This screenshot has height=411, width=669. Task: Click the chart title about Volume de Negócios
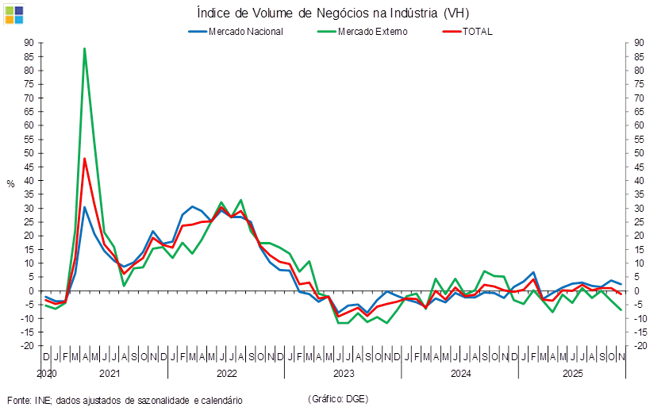click(x=337, y=13)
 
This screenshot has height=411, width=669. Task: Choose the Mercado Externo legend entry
click(x=373, y=32)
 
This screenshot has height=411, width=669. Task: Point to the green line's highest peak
click(x=84, y=49)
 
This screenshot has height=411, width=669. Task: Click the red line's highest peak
click(x=84, y=158)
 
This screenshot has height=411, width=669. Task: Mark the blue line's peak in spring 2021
click(x=85, y=206)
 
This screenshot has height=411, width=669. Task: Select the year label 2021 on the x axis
click(x=110, y=372)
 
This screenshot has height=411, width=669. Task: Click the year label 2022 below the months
click(x=226, y=372)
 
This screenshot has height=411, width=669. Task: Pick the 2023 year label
click(x=343, y=372)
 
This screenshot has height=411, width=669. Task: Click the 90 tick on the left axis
click(x=29, y=43)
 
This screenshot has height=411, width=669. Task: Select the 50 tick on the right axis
click(x=640, y=152)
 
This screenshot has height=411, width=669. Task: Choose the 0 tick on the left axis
click(x=32, y=290)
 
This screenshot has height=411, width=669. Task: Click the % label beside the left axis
click(x=10, y=184)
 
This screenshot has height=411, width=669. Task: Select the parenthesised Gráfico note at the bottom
click(x=337, y=398)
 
